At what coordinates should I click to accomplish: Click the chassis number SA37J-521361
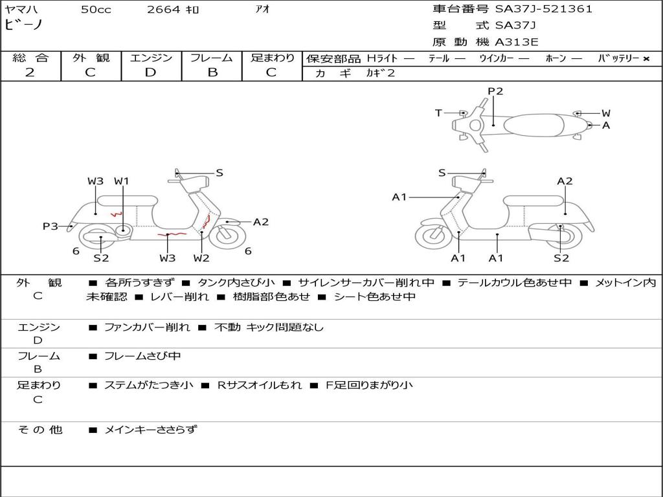click(544, 9)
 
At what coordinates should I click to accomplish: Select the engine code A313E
click(517, 43)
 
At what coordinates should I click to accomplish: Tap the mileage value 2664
click(163, 10)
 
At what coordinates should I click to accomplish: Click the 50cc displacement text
click(96, 10)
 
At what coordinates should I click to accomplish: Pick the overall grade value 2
click(30, 72)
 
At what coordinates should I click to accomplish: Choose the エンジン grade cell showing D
click(151, 72)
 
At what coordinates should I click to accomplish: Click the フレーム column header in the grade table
click(212, 58)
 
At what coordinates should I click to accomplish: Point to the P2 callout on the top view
click(495, 91)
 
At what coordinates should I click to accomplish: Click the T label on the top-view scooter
click(438, 113)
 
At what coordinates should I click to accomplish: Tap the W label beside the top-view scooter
click(606, 113)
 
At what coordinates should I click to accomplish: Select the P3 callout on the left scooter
click(50, 226)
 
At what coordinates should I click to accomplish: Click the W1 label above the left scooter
click(122, 181)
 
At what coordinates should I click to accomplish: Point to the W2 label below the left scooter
click(201, 258)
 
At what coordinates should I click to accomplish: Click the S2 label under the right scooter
click(561, 258)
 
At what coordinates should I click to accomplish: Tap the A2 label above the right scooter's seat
click(565, 181)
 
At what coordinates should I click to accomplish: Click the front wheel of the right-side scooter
click(433, 236)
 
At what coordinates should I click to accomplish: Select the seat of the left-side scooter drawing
click(136, 200)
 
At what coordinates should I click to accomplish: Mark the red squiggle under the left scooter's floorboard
click(172, 234)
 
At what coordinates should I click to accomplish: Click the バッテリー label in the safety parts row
click(618, 58)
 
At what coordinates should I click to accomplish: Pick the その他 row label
click(39, 430)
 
